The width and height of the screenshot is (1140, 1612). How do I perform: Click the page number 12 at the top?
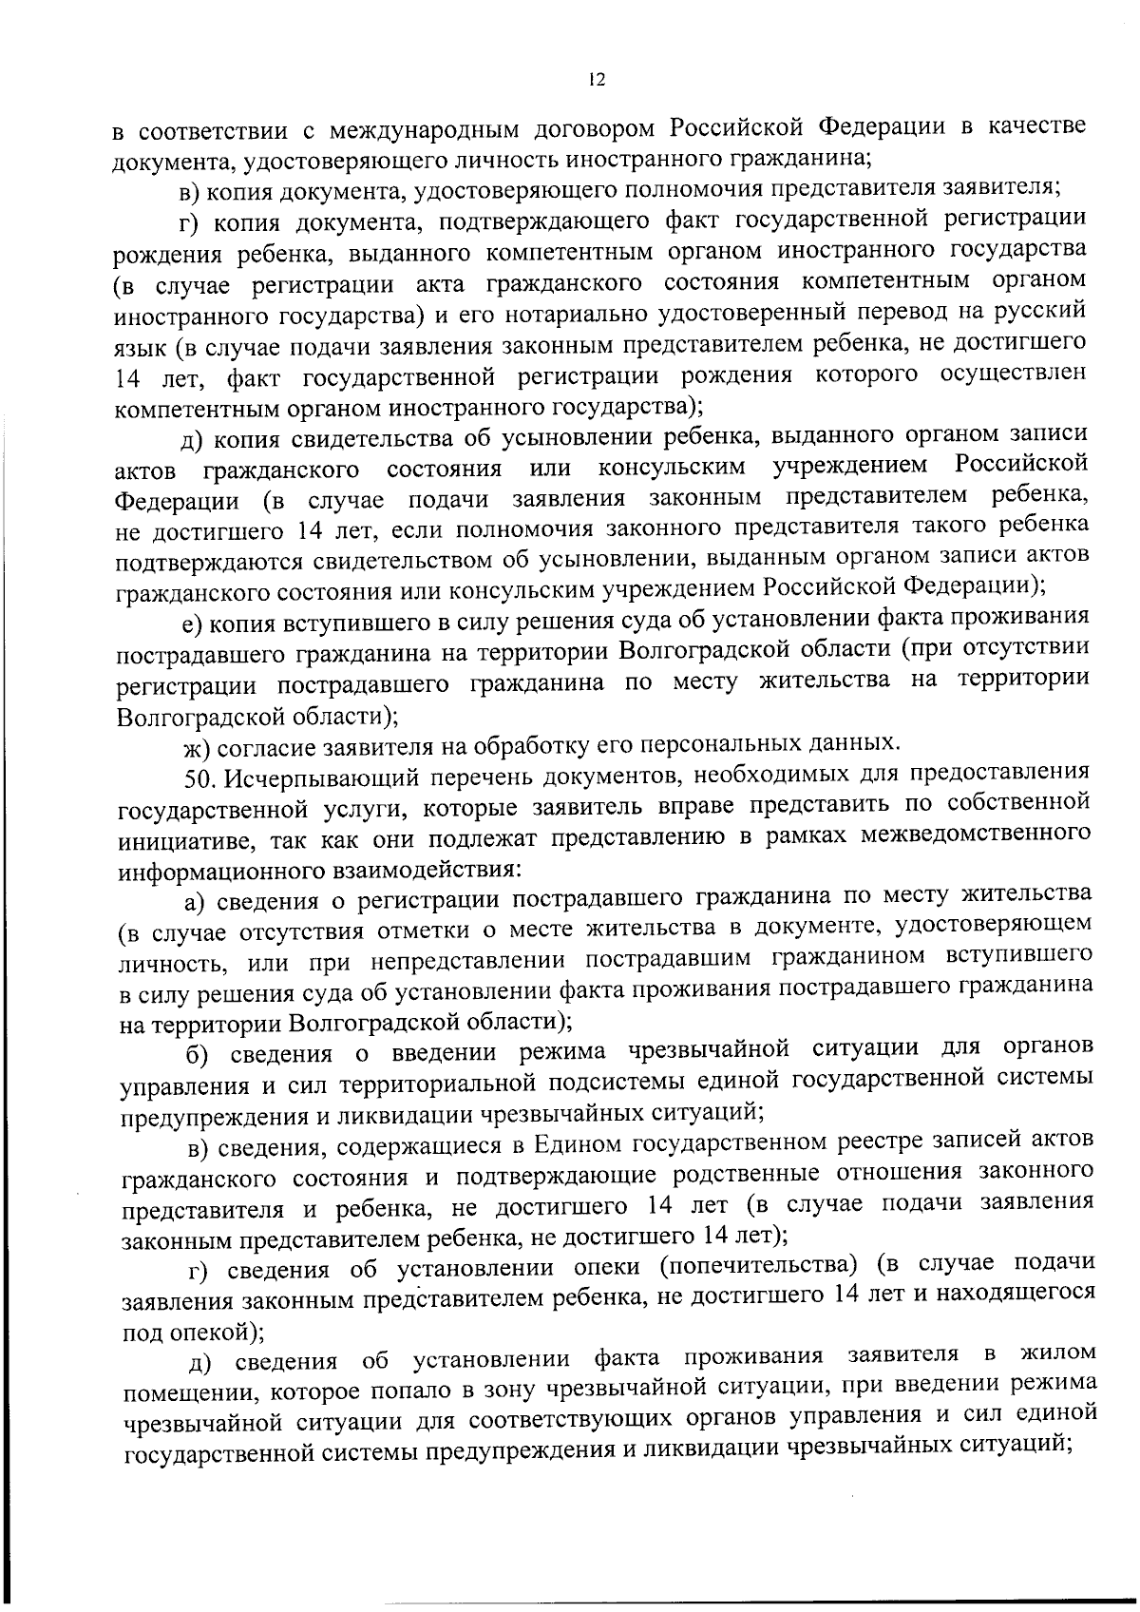(596, 80)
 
